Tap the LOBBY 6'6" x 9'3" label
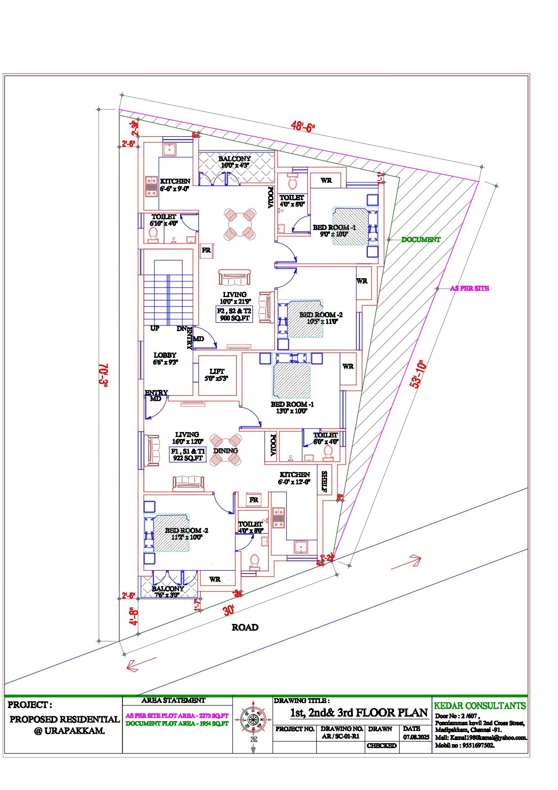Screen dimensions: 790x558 click(x=165, y=358)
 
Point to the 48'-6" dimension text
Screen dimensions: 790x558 click(x=302, y=126)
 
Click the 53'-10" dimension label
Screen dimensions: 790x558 click(x=418, y=374)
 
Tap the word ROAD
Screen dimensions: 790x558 click(x=245, y=627)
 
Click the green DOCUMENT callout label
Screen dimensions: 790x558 click(x=421, y=239)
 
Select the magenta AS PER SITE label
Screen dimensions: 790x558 click(x=469, y=288)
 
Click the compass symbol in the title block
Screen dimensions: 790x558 click(x=253, y=718)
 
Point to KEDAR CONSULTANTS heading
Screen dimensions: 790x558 click(x=480, y=705)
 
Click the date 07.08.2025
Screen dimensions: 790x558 click(x=416, y=737)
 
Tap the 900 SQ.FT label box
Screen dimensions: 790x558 click(x=234, y=314)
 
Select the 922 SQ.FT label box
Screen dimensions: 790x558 click(x=188, y=455)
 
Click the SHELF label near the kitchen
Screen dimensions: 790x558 click(x=324, y=482)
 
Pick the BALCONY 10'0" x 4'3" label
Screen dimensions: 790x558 click(x=234, y=162)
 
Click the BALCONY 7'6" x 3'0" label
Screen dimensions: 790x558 click(x=168, y=591)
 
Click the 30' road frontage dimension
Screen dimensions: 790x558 click(x=229, y=611)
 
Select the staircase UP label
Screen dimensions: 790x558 click(x=155, y=328)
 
